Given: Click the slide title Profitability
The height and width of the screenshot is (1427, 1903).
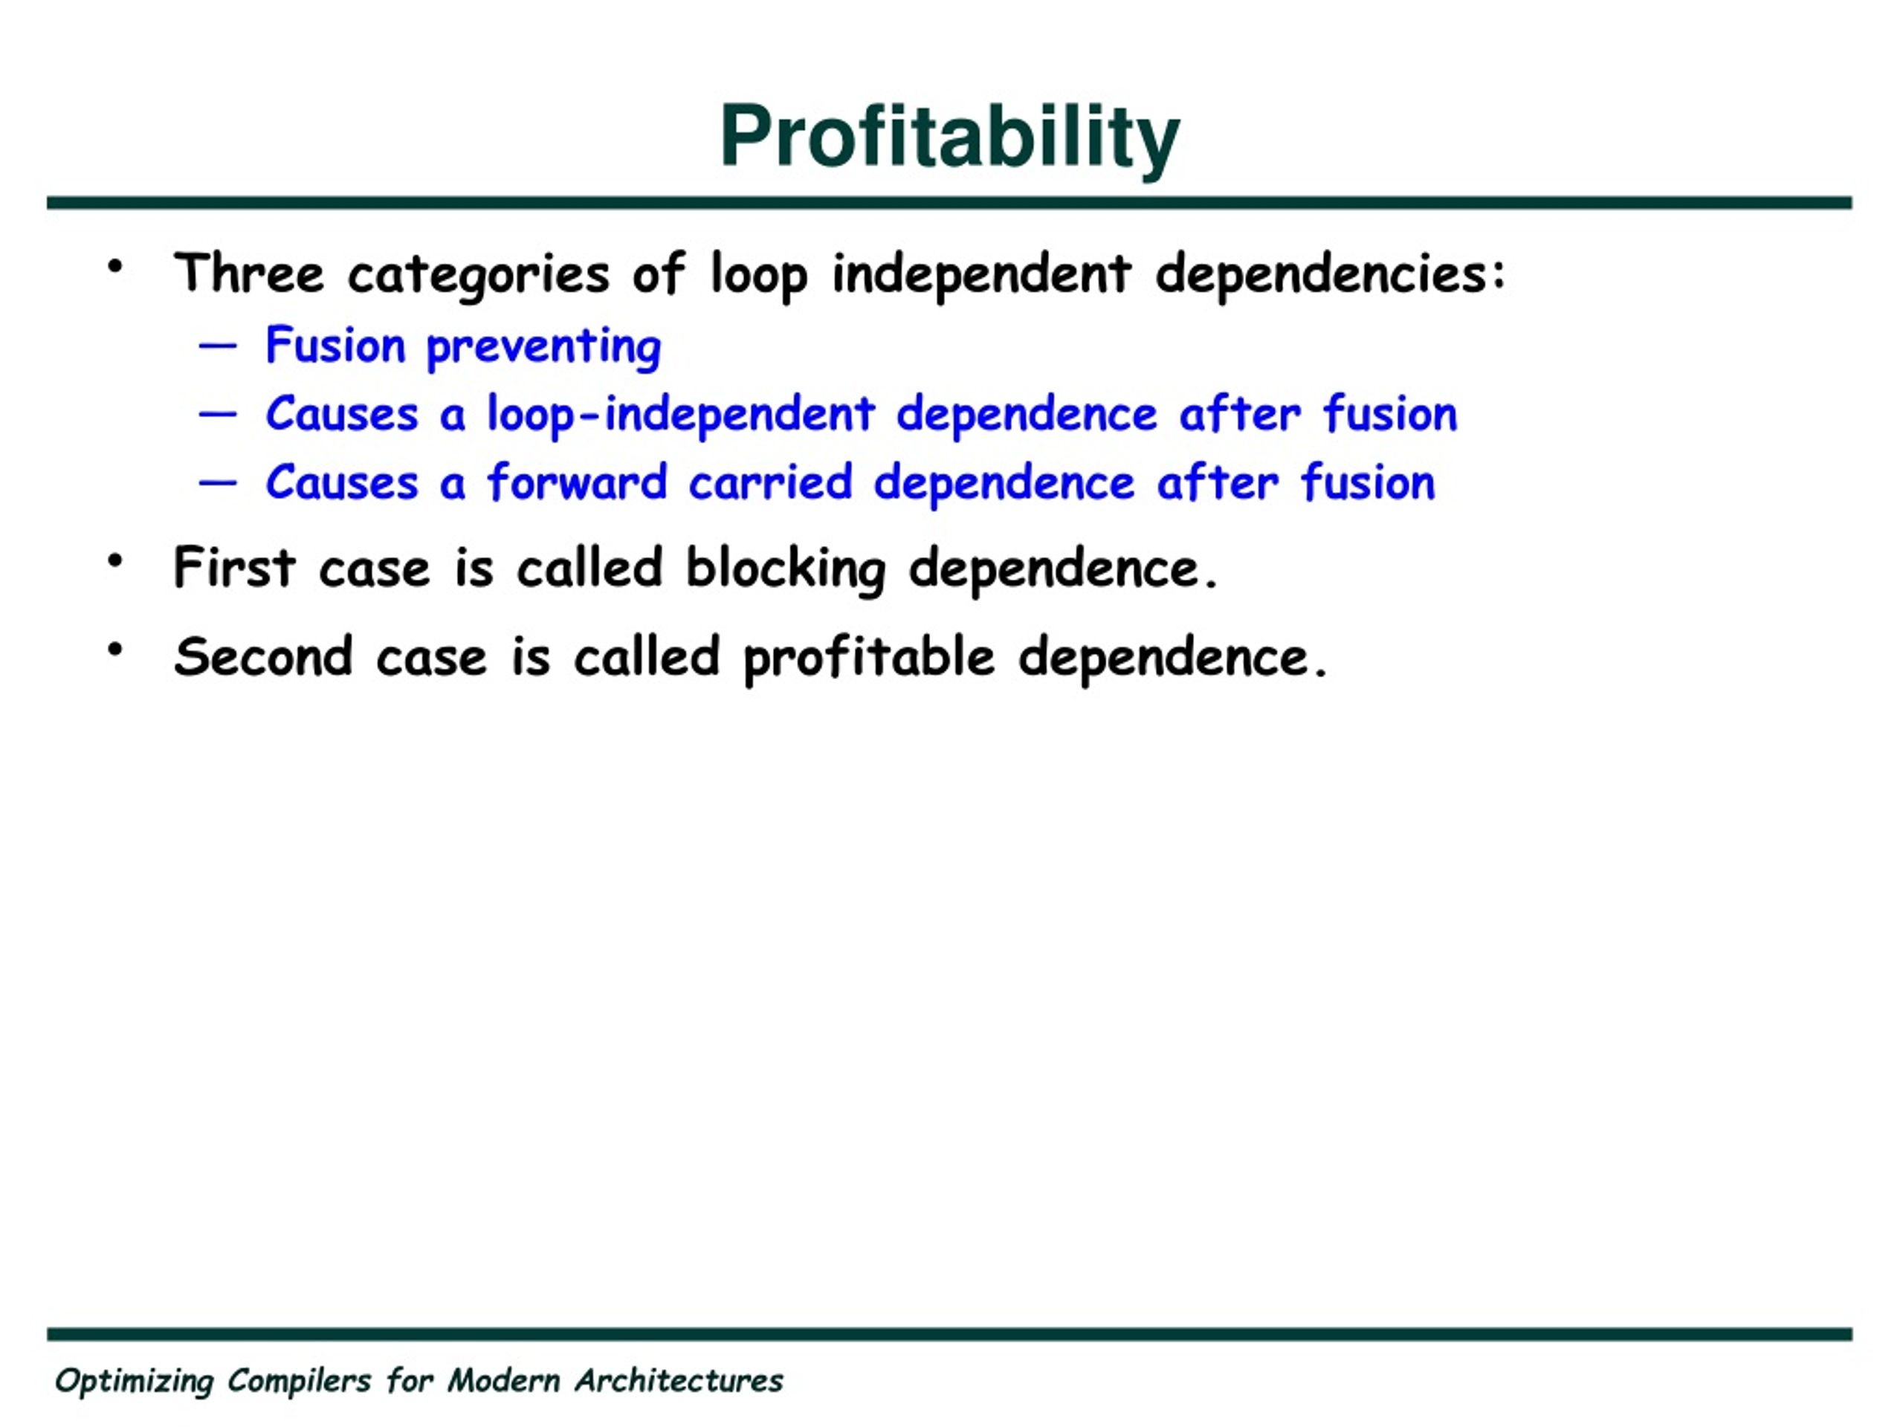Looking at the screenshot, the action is point(949,137).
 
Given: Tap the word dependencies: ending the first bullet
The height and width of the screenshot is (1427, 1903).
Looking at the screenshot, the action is point(1330,275).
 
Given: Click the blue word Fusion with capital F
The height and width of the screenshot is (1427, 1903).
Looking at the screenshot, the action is point(335,345).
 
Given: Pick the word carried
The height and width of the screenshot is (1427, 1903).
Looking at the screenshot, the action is point(771,482).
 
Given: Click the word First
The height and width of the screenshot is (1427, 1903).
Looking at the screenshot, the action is point(235,568).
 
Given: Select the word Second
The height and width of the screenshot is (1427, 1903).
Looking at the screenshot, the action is point(263,656).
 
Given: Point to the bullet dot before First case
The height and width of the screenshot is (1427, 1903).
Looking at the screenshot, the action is point(115,561).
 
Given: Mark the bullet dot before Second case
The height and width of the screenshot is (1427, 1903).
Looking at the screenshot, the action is point(115,650).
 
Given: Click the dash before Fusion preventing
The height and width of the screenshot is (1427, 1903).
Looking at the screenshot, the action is point(217,346).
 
